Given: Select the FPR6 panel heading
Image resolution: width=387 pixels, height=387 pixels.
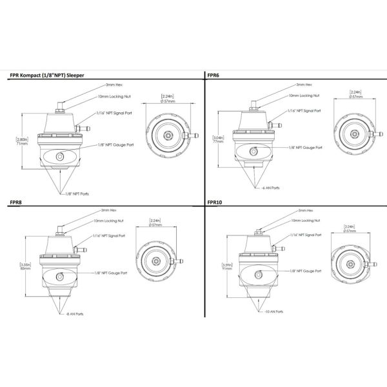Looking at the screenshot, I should pos(213,75).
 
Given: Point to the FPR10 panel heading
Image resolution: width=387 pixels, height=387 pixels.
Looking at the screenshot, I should pos(215,202).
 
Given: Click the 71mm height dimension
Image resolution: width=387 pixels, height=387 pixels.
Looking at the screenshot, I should pos(22,144).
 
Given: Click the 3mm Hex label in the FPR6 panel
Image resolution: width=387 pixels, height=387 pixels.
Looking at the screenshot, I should pos(304,84).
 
